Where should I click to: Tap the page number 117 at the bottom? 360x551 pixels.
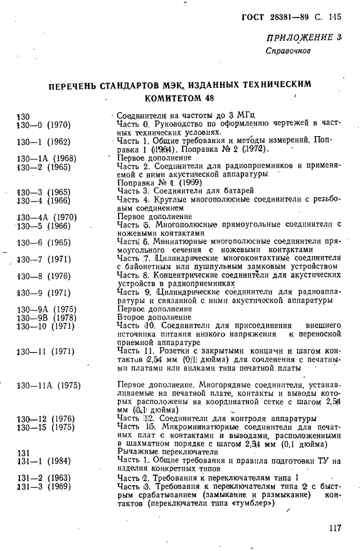(334, 528)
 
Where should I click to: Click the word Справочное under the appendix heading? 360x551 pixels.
(288, 51)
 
